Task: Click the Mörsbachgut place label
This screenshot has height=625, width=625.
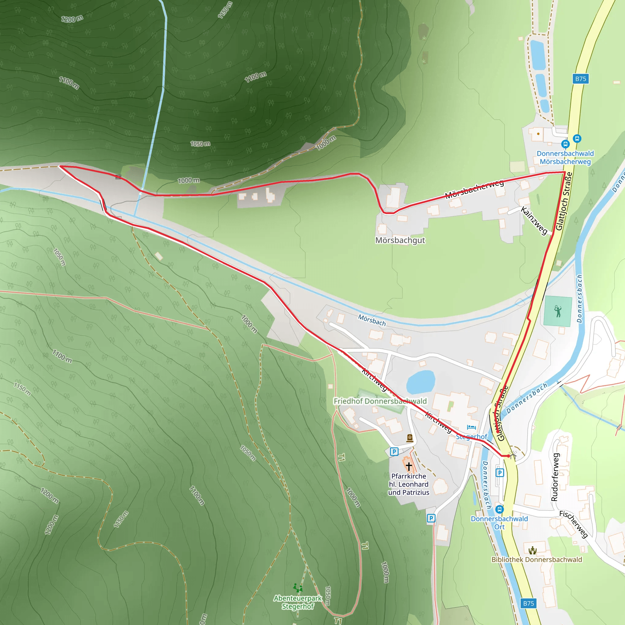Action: point(400,240)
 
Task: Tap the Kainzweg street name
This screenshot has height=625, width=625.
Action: point(534,221)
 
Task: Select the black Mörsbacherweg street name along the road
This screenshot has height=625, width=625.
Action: point(474,189)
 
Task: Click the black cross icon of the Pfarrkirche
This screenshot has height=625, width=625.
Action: point(409,466)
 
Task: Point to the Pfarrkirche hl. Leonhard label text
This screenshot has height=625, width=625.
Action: point(409,484)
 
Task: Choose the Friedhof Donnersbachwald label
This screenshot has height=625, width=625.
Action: point(380,401)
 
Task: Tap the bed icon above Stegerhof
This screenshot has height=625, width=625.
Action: point(471,427)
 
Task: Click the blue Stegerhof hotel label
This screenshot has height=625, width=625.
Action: point(471,437)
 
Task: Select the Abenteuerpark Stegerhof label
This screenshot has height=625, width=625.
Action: point(298,602)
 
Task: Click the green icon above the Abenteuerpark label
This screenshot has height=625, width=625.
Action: point(298,587)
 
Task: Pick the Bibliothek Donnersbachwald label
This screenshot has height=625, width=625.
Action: point(537,560)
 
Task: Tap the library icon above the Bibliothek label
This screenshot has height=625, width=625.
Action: point(533,550)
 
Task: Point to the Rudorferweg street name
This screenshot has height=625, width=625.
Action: point(555,477)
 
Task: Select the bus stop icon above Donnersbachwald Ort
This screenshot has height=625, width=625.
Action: point(500,510)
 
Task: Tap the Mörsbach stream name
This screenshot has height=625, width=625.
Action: point(372,320)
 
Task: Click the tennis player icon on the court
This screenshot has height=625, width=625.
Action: point(558,311)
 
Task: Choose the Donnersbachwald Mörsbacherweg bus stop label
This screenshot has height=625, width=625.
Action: point(565,157)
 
